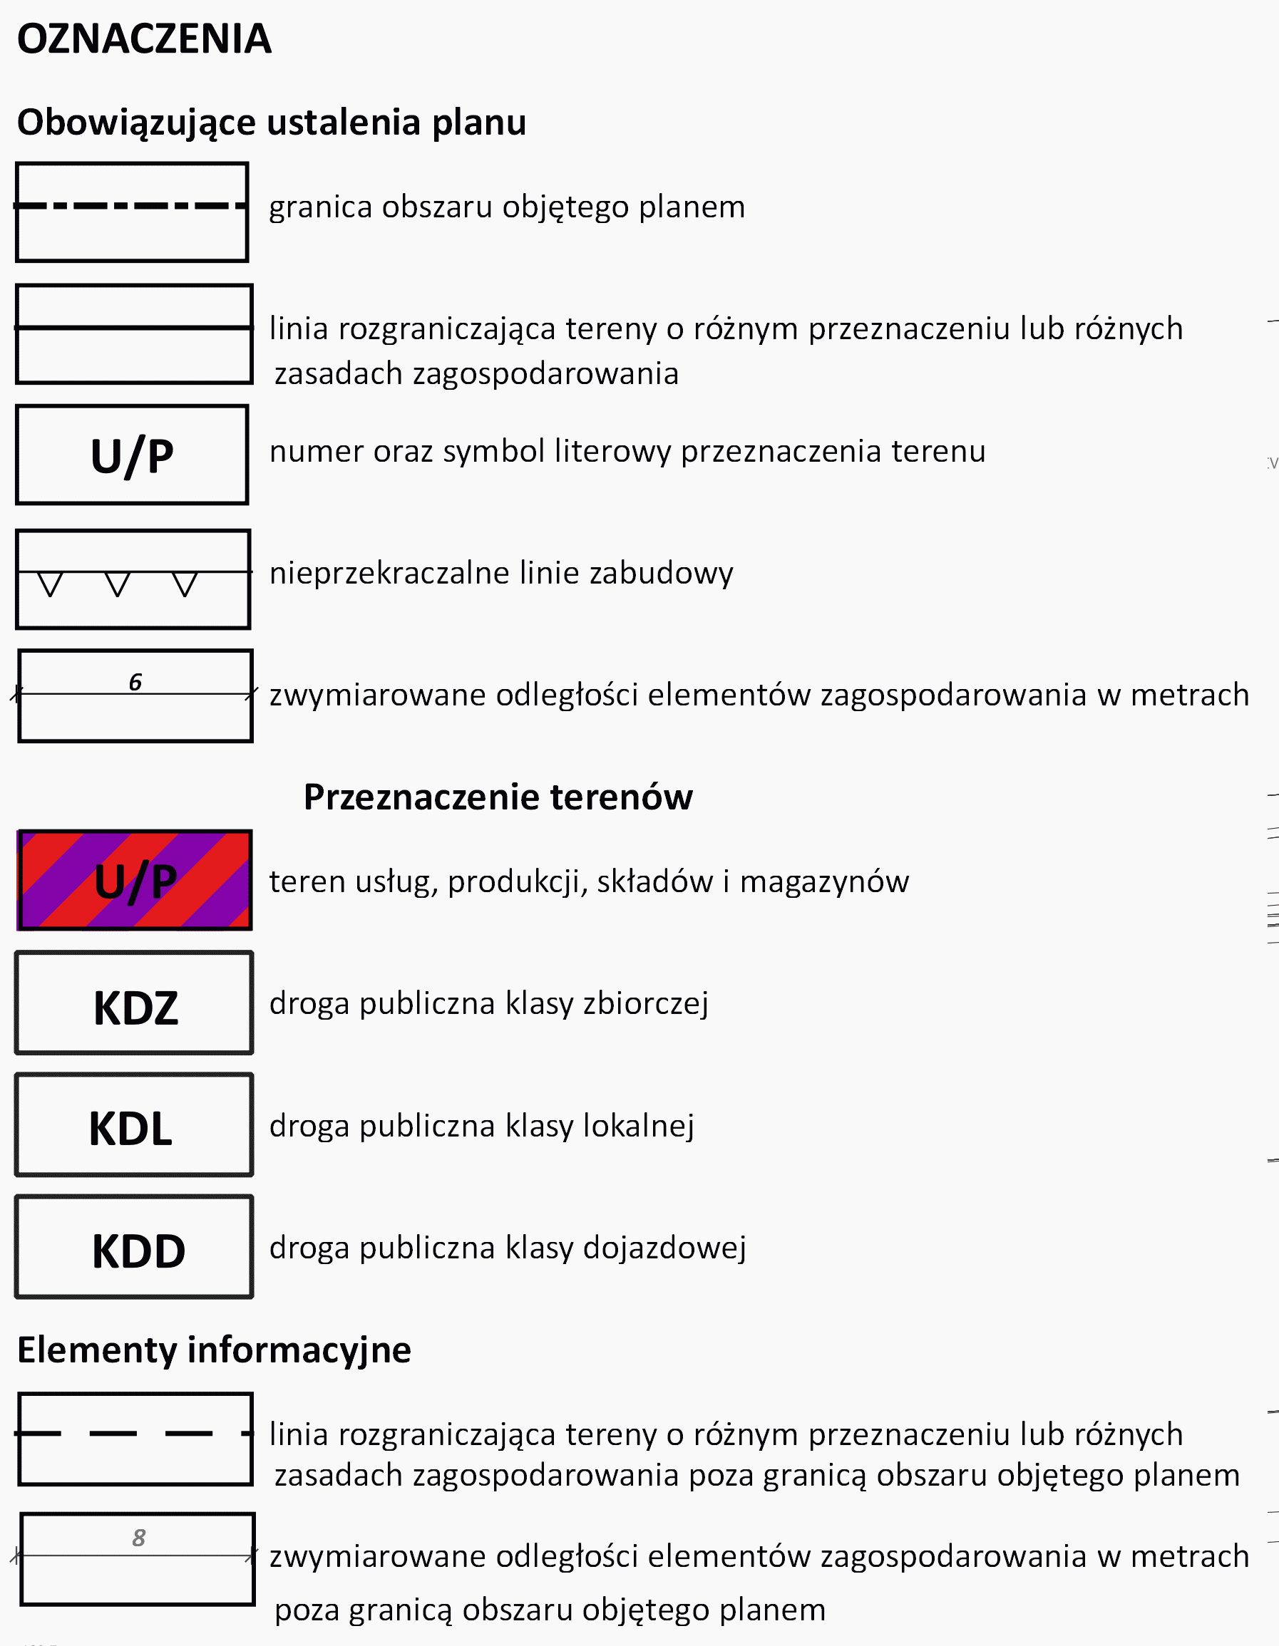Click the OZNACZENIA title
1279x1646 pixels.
click(144, 39)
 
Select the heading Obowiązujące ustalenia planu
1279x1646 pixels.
click(272, 122)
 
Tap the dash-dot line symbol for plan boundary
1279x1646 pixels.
click(131, 205)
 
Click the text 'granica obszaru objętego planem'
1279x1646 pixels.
click(507, 207)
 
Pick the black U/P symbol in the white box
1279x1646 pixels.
click(132, 456)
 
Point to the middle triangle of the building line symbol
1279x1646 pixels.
click(118, 585)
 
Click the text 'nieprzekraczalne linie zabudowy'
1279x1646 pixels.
click(501, 573)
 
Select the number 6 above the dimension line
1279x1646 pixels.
click(135, 682)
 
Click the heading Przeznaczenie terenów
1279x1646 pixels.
click(498, 797)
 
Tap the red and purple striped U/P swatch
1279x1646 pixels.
click(135, 880)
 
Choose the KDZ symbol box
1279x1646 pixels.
click(134, 1003)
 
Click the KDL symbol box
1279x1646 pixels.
click(134, 1125)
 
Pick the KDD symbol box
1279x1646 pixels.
click(134, 1247)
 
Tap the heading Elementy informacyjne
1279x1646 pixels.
click(214, 1349)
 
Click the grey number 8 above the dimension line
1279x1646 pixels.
click(139, 1538)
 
